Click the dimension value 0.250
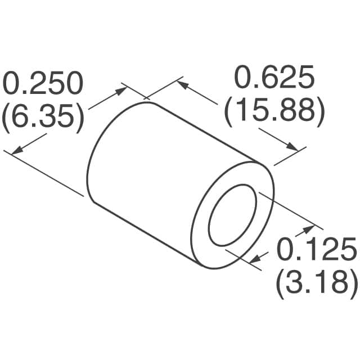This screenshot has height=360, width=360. tap(43, 84)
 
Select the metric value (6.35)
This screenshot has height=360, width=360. tap(43, 117)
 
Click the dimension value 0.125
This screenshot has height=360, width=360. tap(316, 249)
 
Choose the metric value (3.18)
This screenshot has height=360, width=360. tap(316, 281)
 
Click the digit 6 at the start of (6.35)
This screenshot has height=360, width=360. tap(23, 117)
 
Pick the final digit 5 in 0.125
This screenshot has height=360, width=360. tap(348, 249)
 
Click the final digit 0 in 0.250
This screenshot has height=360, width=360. tap(74, 84)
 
